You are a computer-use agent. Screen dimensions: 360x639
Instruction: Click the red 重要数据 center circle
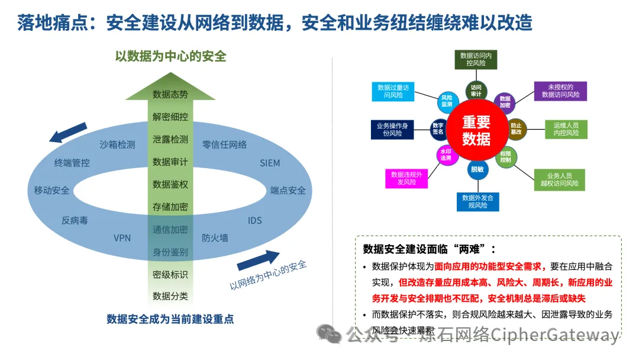[476, 130]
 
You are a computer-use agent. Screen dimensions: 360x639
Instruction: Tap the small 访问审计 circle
[476, 91]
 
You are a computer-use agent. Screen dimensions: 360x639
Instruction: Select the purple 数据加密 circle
[504, 102]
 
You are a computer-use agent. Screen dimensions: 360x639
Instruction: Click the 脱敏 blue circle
[477, 169]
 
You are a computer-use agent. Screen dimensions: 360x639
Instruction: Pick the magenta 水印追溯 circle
[446, 156]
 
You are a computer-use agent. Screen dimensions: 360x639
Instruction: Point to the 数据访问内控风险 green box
[476, 59]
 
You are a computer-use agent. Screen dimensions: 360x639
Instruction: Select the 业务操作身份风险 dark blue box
[392, 129]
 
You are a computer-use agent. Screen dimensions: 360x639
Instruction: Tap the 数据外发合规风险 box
[477, 201]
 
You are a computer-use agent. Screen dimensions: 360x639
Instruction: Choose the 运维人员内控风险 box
[566, 129]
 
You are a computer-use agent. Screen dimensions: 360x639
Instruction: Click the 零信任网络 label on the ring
[224, 144]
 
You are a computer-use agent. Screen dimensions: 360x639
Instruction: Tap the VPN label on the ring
[122, 238]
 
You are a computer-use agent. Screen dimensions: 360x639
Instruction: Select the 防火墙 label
[215, 238]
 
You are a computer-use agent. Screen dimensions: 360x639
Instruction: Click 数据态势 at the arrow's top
[170, 95]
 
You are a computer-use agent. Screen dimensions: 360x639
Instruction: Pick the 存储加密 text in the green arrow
[170, 207]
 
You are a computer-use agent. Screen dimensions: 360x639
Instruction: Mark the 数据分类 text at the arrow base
[170, 296]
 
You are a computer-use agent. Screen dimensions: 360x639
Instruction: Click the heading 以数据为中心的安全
[170, 57]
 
